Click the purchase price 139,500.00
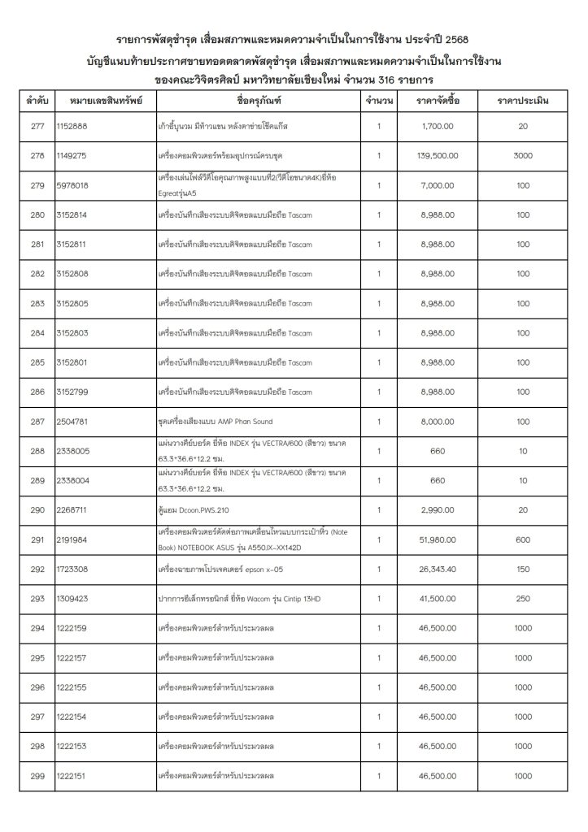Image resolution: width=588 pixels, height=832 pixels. pos(443,155)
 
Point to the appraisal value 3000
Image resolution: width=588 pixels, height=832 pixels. pos(523,155)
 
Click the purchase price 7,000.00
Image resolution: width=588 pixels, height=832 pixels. pos(443,185)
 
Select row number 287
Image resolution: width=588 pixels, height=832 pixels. pos(37,422)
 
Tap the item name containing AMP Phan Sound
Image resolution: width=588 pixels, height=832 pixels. pos(216,422)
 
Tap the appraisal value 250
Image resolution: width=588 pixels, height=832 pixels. pos(523,599)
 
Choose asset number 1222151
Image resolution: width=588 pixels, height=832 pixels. pos(72,776)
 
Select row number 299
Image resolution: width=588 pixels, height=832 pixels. pos(37,776)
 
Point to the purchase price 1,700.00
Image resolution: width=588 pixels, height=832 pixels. pos(443,127)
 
